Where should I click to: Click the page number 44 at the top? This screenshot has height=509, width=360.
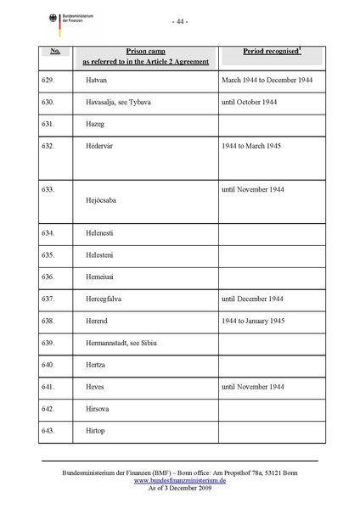pos(179,20)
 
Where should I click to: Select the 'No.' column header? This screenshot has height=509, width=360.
pos(55,51)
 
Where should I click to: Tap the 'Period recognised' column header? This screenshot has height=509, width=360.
pos(272,51)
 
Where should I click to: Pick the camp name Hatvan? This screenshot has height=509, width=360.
pos(98,80)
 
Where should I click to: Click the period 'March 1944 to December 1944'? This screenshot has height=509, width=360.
pos(266,80)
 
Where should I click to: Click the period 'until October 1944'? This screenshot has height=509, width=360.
pos(252,103)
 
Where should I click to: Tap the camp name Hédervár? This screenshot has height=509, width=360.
pos(102,147)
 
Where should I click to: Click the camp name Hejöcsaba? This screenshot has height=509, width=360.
pos(104,202)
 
